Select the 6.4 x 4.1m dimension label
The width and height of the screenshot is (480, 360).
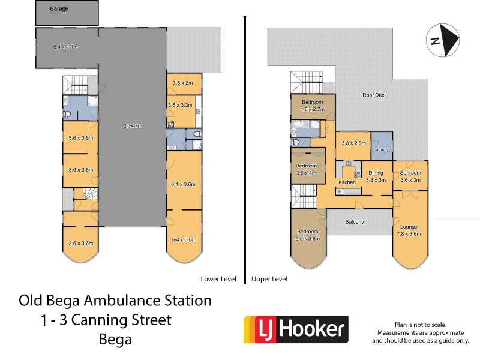[x=66, y=47]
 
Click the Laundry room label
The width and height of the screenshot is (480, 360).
[x=382, y=149]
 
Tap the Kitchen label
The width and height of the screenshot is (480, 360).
[x=347, y=182]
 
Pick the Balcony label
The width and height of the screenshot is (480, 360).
[x=355, y=222]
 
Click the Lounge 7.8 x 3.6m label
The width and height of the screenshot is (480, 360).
[x=410, y=230]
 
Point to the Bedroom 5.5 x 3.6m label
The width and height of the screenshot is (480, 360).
[x=307, y=235]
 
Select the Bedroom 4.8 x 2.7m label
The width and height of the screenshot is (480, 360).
[x=312, y=106]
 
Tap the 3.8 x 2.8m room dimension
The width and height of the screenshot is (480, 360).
[x=352, y=143]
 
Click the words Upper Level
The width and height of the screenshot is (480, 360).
[x=269, y=279]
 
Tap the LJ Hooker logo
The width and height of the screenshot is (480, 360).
[x=296, y=329]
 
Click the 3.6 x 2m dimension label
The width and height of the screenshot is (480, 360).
[x=183, y=83]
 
